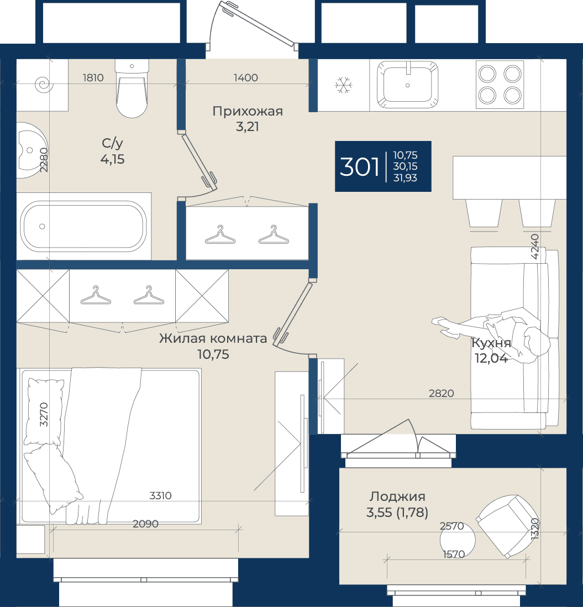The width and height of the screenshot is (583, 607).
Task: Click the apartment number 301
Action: tap(359, 167)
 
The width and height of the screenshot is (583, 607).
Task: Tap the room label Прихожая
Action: tap(248, 112)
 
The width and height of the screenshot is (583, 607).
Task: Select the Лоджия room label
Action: tap(397, 496)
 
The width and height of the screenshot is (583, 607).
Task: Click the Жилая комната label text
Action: tap(213, 338)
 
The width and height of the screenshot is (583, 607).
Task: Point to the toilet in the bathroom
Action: tap(132, 88)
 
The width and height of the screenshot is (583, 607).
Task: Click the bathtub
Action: tap(83, 226)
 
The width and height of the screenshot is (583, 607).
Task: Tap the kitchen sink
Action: tap(407, 85)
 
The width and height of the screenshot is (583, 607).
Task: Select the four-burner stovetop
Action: tap(500, 85)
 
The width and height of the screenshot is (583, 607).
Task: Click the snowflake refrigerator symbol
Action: tap(344, 85)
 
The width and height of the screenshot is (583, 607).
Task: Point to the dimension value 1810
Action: tap(93, 78)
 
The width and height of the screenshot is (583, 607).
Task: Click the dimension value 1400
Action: tap(246, 78)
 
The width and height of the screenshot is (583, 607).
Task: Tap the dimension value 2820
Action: tap(442, 393)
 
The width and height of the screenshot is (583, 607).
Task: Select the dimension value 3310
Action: tap(161, 495)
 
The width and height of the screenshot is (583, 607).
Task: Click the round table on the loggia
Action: tap(458, 540)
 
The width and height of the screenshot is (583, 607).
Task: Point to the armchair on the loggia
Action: tap(507, 526)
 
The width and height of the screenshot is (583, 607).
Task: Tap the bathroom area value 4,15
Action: tap(113, 159)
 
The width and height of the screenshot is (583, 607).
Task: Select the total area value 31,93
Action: tap(405, 178)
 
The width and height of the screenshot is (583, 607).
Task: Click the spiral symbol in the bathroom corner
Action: tap(43, 85)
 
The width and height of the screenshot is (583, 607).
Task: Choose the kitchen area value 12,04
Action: tap(491, 358)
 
